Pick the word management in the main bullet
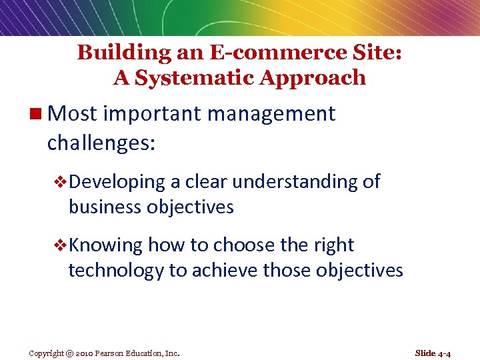click(x=271, y=114)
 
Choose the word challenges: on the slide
click(x=101, y=143)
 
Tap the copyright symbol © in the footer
click(x=69, y=353)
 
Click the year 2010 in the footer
click(x=86, y=353)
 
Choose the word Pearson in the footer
click(x=112, y=353)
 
